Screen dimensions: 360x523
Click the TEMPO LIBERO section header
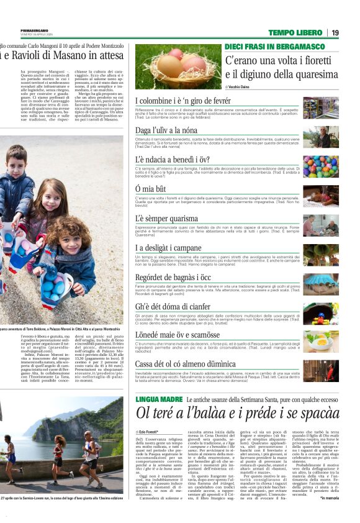(295, 32)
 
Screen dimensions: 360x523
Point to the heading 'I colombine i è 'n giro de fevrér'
(183, 101)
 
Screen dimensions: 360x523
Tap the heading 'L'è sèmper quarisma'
(166, 219)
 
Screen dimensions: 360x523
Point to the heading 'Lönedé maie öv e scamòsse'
(178, 335)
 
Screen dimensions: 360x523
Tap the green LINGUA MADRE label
(159, 399)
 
